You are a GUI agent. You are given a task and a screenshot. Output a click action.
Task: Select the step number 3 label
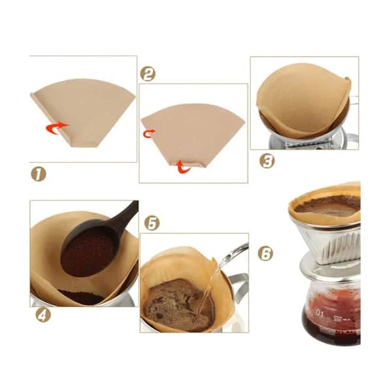click(x=266, y=160)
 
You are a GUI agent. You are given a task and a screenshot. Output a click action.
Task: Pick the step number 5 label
click(x=152, y=223)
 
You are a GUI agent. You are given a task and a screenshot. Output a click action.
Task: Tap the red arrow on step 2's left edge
click(x=149, y=133)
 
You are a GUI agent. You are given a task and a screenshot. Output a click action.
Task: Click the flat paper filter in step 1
click(x=85, y=111)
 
